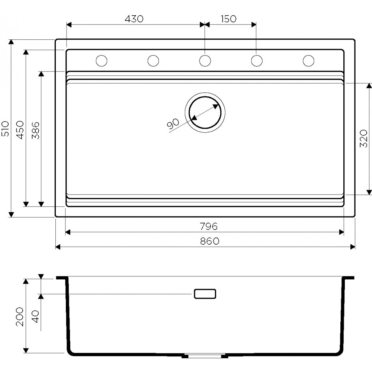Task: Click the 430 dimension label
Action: (134, 19)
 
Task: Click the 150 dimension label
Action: (228, 19)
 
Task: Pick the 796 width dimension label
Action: (208, 226)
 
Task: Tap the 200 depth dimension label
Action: (20, 317)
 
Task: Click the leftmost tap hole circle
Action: (102, 61)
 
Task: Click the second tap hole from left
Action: (153, 61)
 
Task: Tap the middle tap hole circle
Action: (205, 61)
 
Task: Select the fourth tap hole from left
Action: (256, 61)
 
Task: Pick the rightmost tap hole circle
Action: (308, 61)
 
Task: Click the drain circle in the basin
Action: (205, 112)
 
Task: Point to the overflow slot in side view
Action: (205, 294)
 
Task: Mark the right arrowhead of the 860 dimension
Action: (353, 247)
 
